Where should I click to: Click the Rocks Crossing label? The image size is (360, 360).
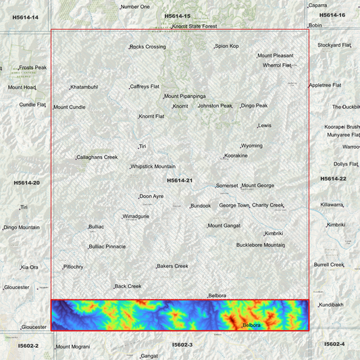tap(148, 47)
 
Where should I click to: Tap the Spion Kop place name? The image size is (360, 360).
tap(227, 46)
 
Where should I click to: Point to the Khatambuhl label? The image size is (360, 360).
tap(84, 86)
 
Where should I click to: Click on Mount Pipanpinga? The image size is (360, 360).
tap(185, 96)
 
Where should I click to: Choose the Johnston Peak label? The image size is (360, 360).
tap(215, 105)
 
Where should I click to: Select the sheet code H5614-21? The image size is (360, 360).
tap(180, 180)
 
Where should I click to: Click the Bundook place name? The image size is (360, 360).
tap(201, 205)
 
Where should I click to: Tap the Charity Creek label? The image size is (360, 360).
tap(267, 205)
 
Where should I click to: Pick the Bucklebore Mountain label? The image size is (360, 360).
tap(261, 245)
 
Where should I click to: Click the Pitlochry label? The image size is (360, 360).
tap(74, 267)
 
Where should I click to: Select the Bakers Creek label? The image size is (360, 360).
tap(173, 265)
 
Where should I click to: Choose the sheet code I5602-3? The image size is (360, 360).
tap(182, 344)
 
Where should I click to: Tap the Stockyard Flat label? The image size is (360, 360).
tap(334, 45)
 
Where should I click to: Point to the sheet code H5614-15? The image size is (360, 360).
tap(178, 16)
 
